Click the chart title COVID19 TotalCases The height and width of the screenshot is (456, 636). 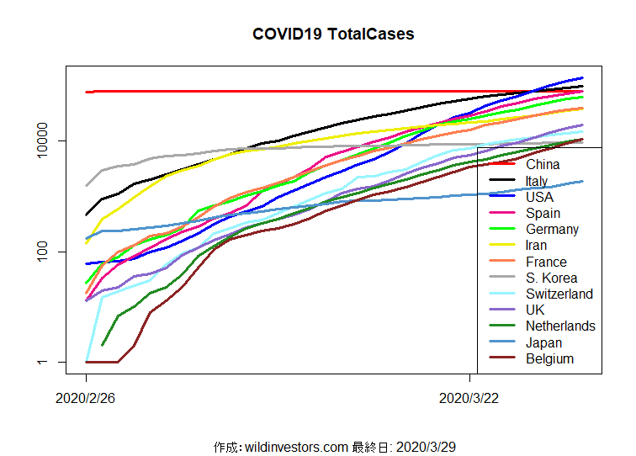[333, 34]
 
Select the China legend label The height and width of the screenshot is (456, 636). [543, 165]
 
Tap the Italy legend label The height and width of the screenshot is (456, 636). [537, 181]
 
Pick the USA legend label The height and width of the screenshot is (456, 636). [539, 197]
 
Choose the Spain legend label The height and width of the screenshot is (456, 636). [543, 214]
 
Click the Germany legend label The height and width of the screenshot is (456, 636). [552, 230]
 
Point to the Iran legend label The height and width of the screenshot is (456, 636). [536, 246]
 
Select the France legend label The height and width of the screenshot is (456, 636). [546, 262]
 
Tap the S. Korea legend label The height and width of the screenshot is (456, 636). [551, 278]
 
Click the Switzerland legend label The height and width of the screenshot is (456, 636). [559, 294]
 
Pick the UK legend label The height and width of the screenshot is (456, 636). [535, 310]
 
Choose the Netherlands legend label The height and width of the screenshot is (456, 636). [560, 326]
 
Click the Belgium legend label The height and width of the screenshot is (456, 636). [549, 358]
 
